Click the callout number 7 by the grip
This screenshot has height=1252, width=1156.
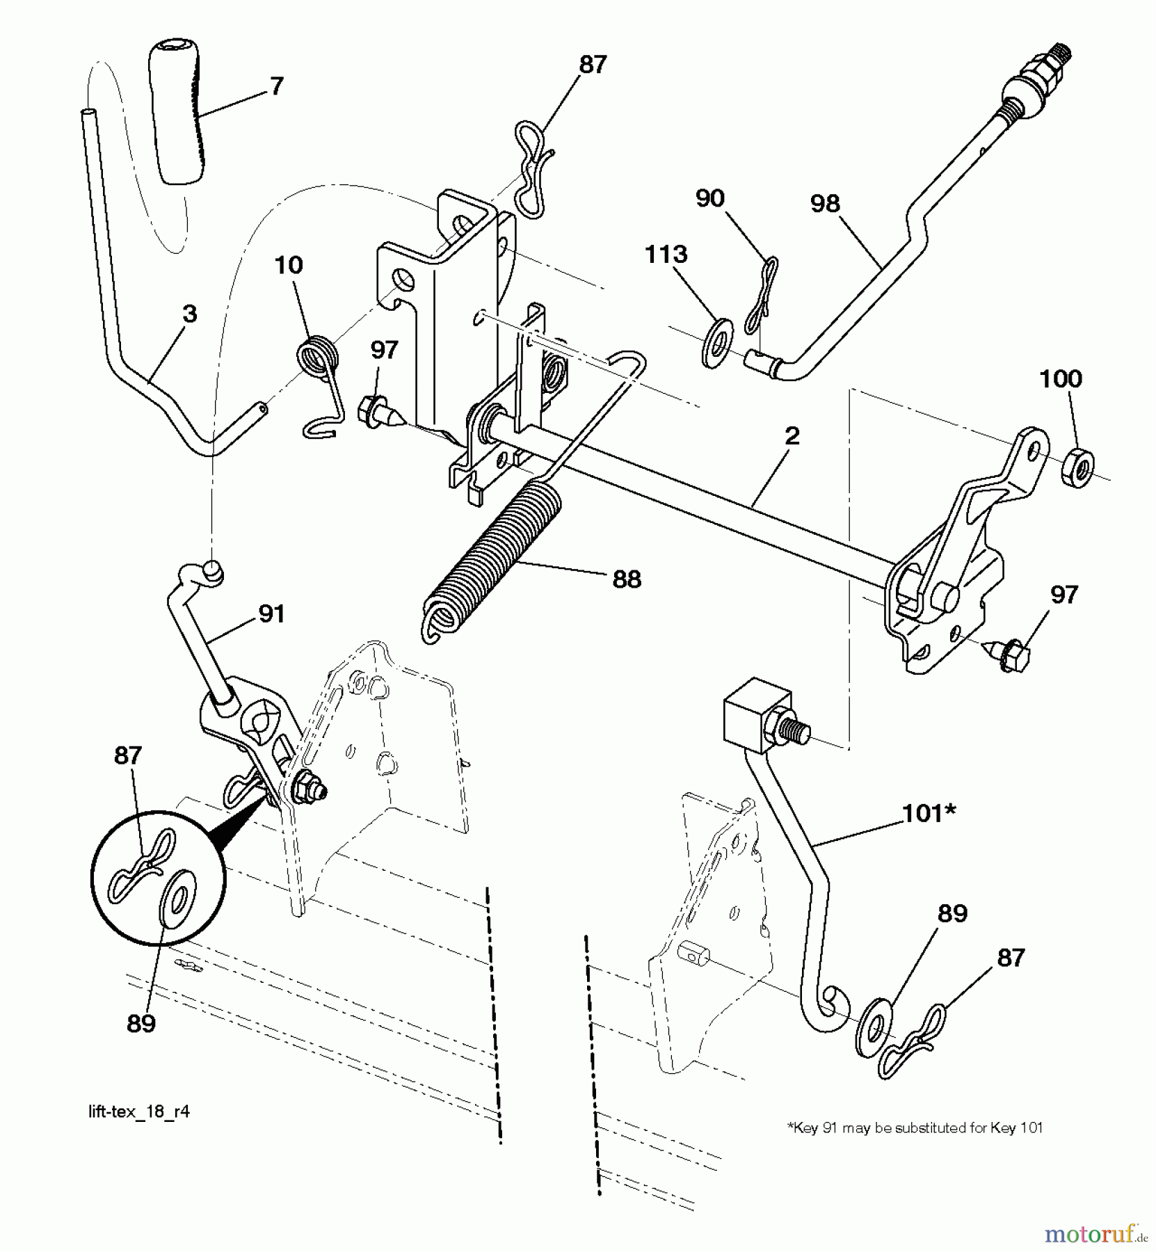tap(276, 86)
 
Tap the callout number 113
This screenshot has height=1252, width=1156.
tap(666, 255)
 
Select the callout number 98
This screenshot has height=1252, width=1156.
tap(825, 203)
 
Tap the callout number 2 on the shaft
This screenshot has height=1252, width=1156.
tap(792, 436)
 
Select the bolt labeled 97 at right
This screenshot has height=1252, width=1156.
tap(1011, 650)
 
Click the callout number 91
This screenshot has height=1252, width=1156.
tap(271, 613)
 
